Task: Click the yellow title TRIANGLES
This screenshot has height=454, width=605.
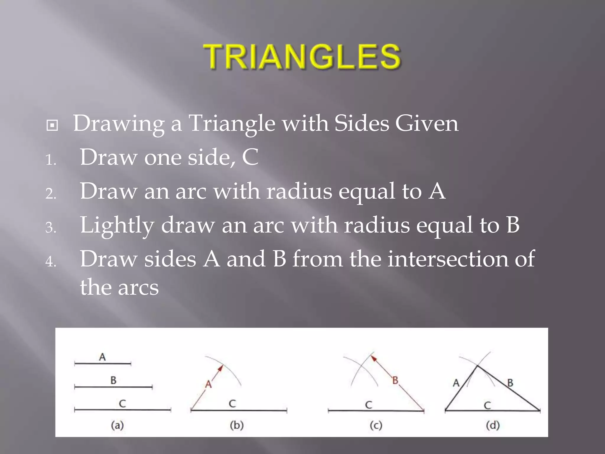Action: point(302,56)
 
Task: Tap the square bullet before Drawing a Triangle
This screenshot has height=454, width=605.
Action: point(52,125)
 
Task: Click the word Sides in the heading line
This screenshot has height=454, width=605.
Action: point(362,123)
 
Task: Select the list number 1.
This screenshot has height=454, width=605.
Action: point(51,160)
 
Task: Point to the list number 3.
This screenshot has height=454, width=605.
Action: point(51,228)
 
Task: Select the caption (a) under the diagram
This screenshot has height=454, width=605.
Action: point(117,425)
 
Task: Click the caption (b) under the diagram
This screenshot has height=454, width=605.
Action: point(237,425)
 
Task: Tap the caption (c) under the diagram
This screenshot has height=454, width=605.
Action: point(376,426)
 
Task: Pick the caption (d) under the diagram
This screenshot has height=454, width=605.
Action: point(492,425)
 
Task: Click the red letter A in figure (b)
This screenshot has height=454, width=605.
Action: point(209,384)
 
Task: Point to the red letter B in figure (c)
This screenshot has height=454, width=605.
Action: point(395,380)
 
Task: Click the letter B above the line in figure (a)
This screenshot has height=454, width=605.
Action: point(113,380)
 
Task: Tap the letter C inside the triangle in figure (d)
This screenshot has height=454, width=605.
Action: point(487,405)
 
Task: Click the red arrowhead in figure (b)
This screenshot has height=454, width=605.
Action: point(220,368)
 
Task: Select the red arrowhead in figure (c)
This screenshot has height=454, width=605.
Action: point(374,358)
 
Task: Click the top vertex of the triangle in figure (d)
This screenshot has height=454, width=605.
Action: point(477,366)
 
